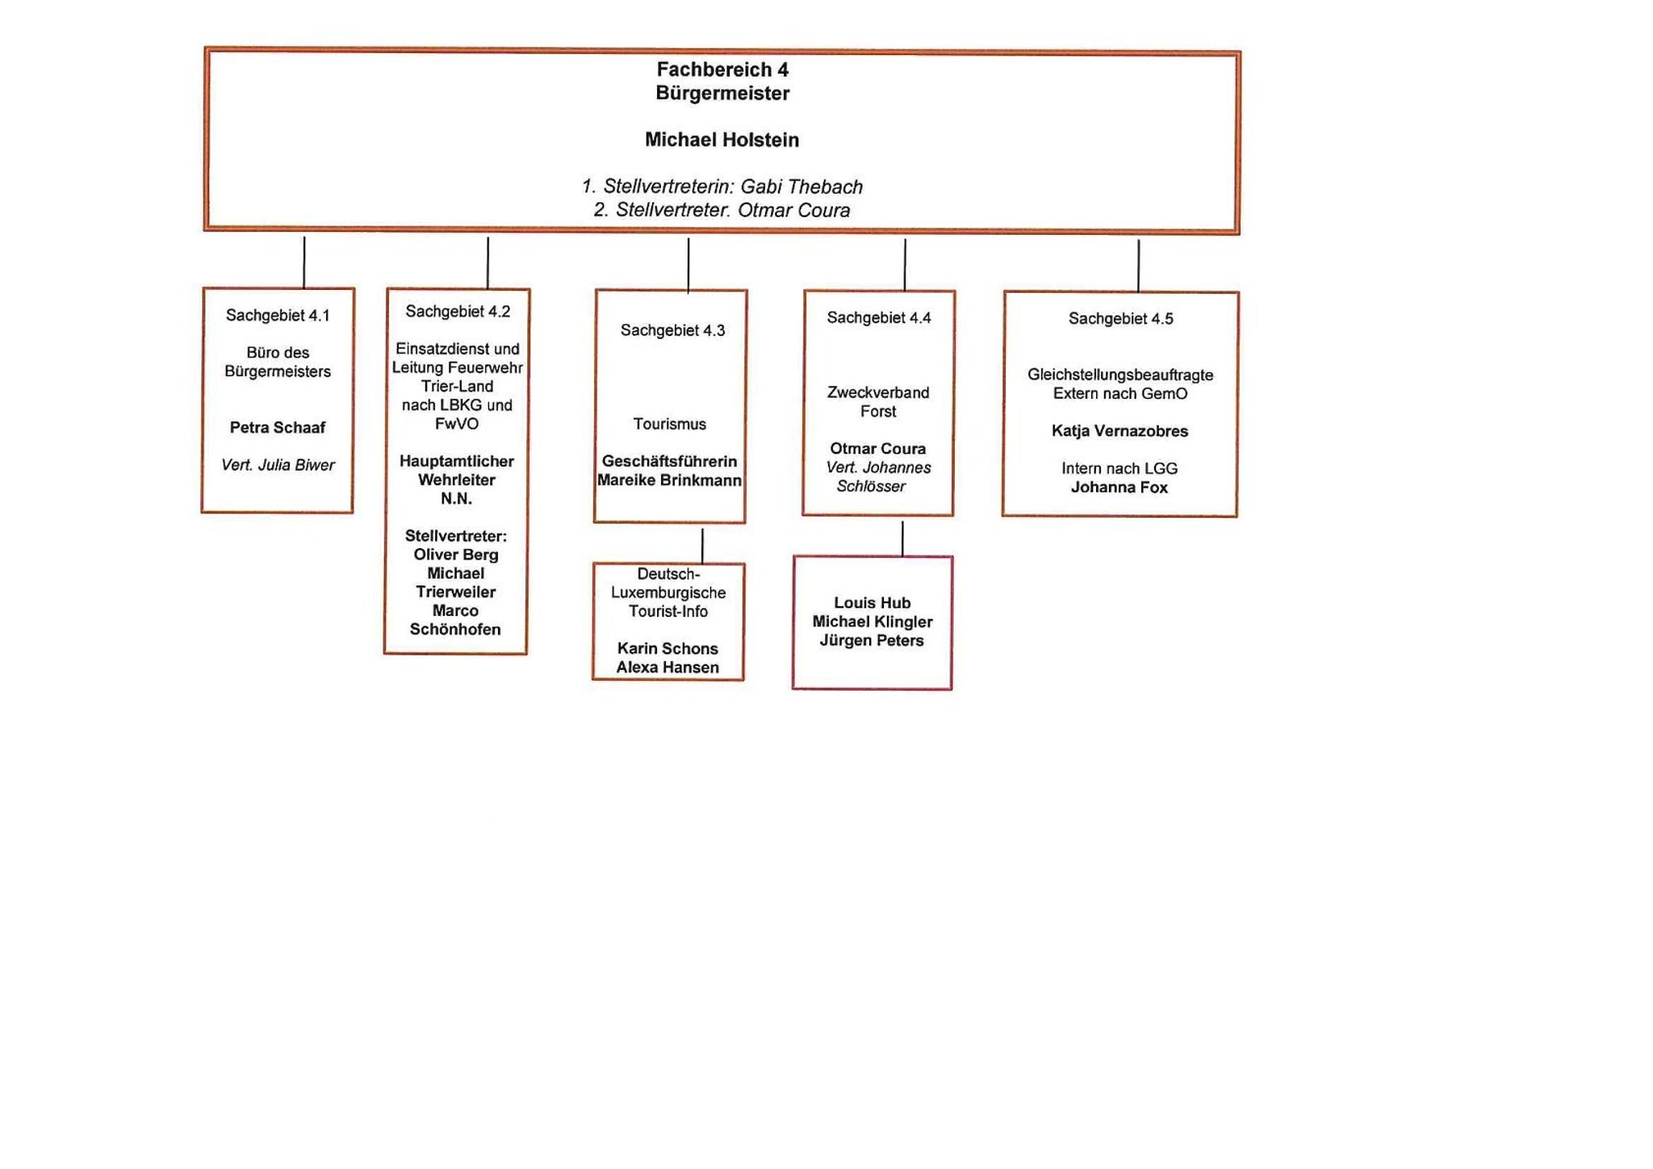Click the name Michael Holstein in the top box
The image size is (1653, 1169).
tap(722, 140)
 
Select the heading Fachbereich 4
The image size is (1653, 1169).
tap(722, 69)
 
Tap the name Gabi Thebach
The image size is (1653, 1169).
tap(801, 186)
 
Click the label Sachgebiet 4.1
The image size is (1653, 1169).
tap(278, 316)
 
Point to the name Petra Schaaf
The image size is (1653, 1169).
tap(277, 427)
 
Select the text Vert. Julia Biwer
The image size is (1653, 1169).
tap(278, 465)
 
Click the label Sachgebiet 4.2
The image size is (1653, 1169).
tap(458, 312)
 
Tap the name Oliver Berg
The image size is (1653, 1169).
tap(456, 555)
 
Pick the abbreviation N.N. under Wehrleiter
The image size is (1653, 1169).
tap(456, 499)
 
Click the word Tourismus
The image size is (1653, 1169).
tap(669, 424)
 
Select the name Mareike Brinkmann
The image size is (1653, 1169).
tap(669, 480)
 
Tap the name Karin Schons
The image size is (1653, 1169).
tap(667, 648)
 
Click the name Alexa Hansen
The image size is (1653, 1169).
tap(667, 668)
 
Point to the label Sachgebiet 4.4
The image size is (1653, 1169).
tap(878, 318)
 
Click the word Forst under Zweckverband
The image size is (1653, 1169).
tap(878, 412)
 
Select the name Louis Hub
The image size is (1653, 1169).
tap(872, 603)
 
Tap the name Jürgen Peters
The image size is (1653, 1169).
tap(872, 641)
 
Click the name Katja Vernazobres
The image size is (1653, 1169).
tap(1119, 431)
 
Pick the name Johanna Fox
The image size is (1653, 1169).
tap(1119, 488)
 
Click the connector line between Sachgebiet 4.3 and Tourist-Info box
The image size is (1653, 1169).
tap(702, 545)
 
